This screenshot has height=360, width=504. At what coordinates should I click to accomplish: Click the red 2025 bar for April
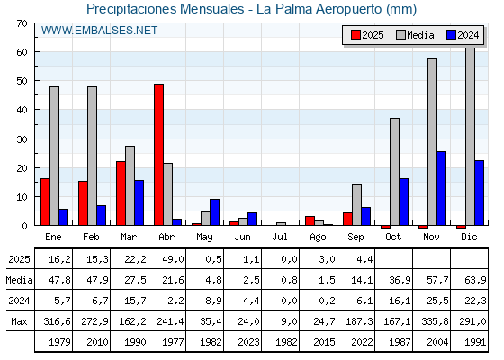(x=158, y=155)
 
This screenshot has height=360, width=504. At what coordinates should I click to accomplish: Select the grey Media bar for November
(x=432, y=142)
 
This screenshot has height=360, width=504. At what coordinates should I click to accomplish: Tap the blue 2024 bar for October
(x=404, y=202)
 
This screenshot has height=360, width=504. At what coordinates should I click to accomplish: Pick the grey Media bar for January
(x=54, y=156)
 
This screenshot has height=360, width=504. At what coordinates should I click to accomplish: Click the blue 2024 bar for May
(x=215, y=212)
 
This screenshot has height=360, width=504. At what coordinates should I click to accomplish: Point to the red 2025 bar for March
(x=121, y=193)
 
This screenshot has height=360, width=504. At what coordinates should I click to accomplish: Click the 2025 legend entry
(x=367, y=35)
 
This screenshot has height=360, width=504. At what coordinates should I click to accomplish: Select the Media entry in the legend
(x=415, y=35)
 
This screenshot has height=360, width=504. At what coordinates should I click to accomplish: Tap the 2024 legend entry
(x=463, y=35)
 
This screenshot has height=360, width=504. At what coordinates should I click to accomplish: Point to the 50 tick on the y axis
(x=22, y=81)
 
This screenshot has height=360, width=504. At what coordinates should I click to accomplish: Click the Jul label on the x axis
(x=280, y=237)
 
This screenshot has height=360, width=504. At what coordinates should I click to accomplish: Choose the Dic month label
(x=469, y=237)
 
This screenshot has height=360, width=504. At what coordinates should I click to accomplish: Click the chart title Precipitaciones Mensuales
(x=166, y=9)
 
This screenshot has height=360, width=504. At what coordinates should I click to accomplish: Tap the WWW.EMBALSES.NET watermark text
(x=99, y=31)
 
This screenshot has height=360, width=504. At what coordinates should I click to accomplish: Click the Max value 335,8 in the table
(x=435, y=321)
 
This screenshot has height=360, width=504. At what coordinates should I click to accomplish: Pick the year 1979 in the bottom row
(x=59, y=342)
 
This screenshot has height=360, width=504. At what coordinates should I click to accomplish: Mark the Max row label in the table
(x=19, y=321)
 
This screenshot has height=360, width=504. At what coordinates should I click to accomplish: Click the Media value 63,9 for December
(x=475, y=280)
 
